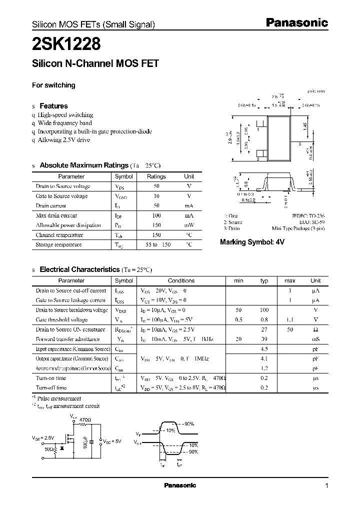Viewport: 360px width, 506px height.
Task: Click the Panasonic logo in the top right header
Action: point(296,22)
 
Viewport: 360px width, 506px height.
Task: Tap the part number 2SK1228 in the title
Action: point(66,45)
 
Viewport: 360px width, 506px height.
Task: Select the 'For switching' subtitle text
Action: point(53,85)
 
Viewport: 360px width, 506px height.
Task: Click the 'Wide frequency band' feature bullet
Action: point(65,122)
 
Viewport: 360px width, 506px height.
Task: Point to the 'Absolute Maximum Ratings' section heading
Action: point(84,165)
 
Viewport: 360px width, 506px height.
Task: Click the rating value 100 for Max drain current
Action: point(156,215)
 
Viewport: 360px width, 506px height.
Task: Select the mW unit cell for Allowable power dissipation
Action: point(189,225)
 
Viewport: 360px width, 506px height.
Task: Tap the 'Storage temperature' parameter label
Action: point(58,244)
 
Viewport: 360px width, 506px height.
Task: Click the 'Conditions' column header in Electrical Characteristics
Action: point(180,280)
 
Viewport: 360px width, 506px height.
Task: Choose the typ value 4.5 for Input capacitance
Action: point(264,349)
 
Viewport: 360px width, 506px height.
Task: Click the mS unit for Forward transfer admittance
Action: point(315,339)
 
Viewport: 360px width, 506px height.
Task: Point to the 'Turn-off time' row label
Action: point(51,387)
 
